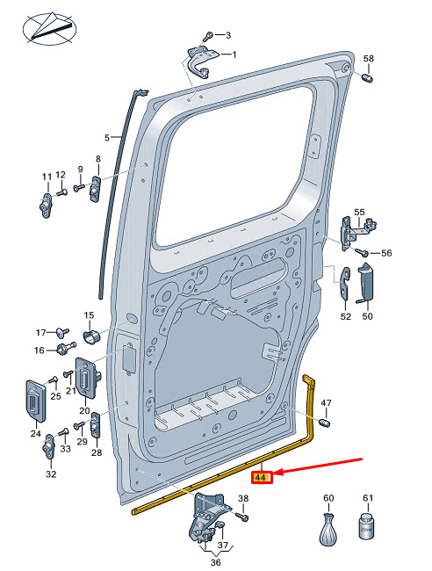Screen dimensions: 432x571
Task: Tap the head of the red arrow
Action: (x=274, y=473)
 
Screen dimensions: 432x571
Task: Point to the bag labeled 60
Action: (x=328, y=529)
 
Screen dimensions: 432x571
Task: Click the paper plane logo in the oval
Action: (x=49, y=28)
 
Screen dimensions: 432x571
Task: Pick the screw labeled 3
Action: (x=208, y=37)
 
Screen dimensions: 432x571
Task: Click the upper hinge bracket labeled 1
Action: (x=202, y=61)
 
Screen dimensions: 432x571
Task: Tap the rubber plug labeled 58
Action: (x=367, y=78)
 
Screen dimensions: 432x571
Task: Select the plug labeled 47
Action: (x=324, y=423)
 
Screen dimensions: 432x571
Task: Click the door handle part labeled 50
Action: (x=366, y=283)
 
